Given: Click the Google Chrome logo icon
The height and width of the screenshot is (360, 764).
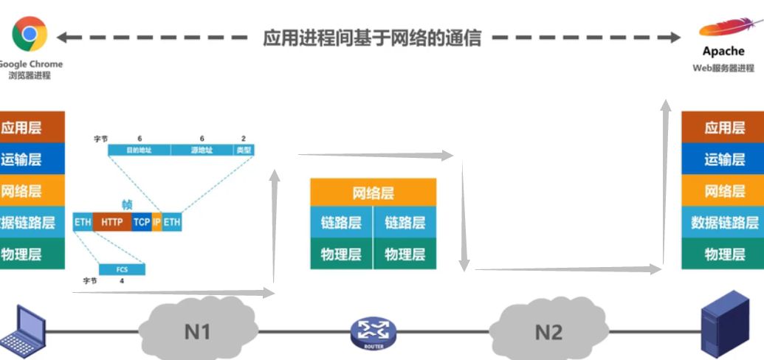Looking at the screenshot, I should click(30, 34).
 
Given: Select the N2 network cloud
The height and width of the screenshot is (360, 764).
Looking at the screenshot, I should click(548, 331).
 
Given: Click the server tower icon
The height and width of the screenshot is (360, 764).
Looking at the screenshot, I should click(723, 325).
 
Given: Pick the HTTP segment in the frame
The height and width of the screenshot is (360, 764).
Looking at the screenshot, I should click(112, 221).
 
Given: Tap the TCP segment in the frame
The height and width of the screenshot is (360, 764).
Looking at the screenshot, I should click(142, 221).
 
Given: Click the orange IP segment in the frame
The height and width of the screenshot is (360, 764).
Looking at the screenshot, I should click(156, 221).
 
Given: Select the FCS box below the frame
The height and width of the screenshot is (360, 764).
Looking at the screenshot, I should click(123, 269).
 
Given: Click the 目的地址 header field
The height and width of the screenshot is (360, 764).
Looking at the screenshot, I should click(139, 150).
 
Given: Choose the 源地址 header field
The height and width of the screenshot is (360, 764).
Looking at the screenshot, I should click(202, 150).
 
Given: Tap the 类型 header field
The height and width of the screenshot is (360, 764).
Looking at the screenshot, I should click(244, 150).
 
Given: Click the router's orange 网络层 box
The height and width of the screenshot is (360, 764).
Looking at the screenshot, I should click(373, 193).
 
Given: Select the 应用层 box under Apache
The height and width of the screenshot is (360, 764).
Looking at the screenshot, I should click(724, 128).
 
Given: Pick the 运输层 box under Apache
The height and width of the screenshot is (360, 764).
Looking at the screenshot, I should click(724, 159).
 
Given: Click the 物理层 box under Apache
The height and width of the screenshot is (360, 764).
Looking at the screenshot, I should click(724, 255).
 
